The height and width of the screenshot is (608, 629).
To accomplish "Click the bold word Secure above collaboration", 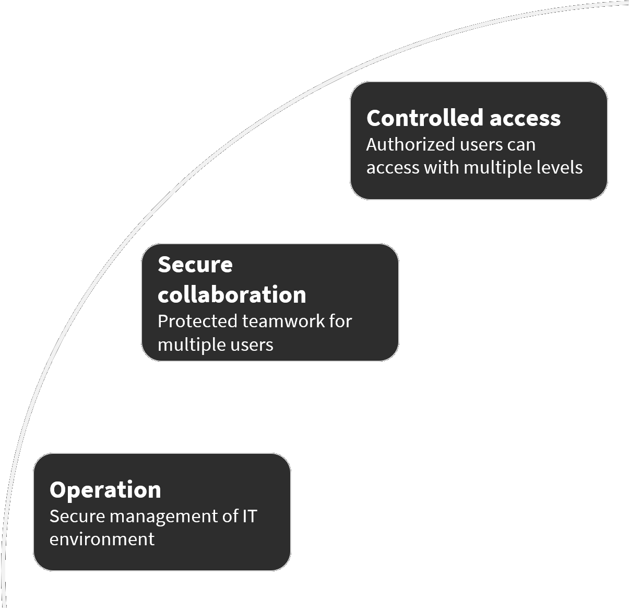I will (195, 265).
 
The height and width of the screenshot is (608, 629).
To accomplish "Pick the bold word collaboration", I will (232, 295).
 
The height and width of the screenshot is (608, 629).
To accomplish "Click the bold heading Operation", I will (105, 490).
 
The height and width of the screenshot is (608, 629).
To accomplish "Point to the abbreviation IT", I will (250, 516).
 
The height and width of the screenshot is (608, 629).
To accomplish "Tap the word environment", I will (102, 539).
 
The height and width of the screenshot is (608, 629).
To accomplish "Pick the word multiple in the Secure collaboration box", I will (186, 345).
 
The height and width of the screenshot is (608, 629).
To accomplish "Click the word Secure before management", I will (77, 516).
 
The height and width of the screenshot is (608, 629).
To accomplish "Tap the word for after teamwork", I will (340, 321).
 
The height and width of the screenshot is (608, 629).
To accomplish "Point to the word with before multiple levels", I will (441, 167).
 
